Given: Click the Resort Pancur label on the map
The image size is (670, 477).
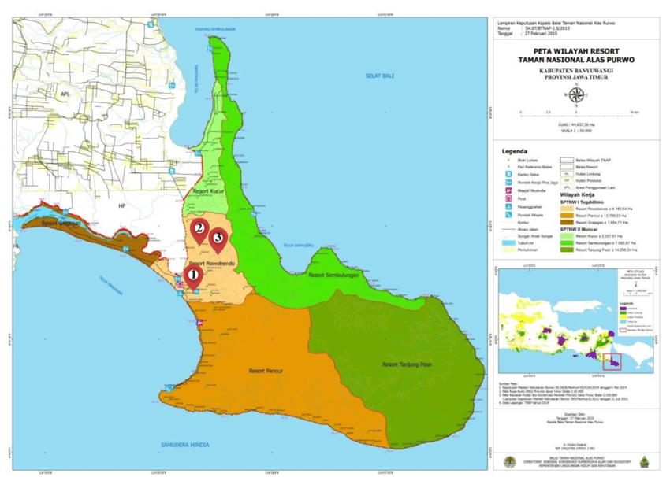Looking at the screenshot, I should pos(265,369).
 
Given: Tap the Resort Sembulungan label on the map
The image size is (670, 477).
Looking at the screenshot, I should pos(329,275).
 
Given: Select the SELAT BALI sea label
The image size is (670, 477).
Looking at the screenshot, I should pos(378,75).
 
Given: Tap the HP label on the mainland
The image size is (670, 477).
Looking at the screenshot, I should pos(122,206).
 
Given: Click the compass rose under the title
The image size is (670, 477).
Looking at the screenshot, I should pos(576,95).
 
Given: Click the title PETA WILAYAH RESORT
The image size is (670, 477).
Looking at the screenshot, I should pos(576,50).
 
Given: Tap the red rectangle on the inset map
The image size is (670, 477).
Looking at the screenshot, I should pos(612,361).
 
